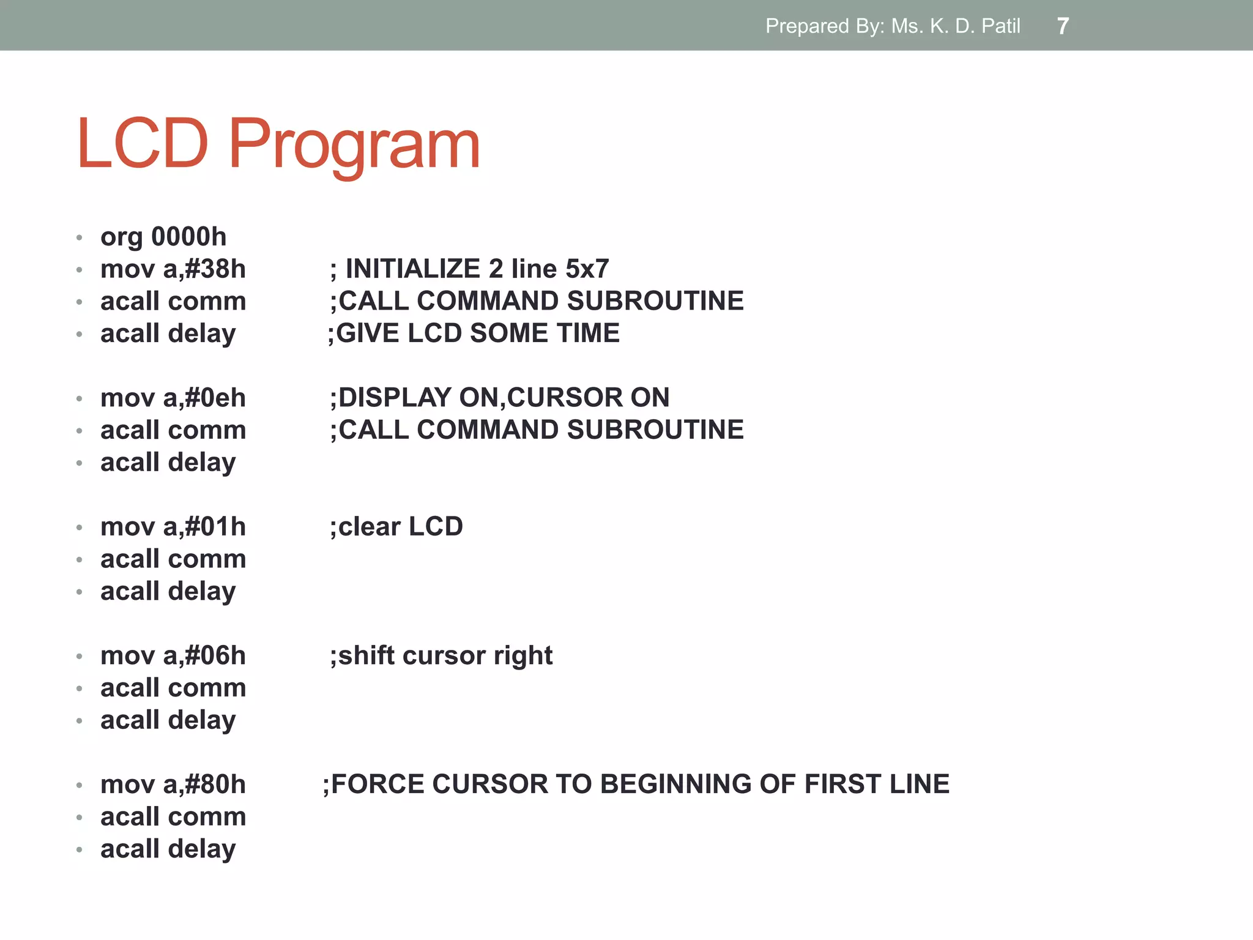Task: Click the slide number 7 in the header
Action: pyautogui.click(x=1063, y=26)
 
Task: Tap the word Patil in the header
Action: pyautogui.click(x=1001, y=26)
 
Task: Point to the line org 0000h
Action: pyautogui.click(x=163, y=237)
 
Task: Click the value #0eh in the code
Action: pyautogui.click(x=215, y=398)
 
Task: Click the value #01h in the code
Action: pyautogui.click(x=215, y=527)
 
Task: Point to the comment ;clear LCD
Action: pyautogui.click(x=396, y=527)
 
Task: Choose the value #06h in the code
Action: pyautogui.click(x=215, y=656)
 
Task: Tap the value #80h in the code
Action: pyautogui.click(x=215, y=785)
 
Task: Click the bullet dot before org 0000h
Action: pyautogui.click(x=80, y=237)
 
